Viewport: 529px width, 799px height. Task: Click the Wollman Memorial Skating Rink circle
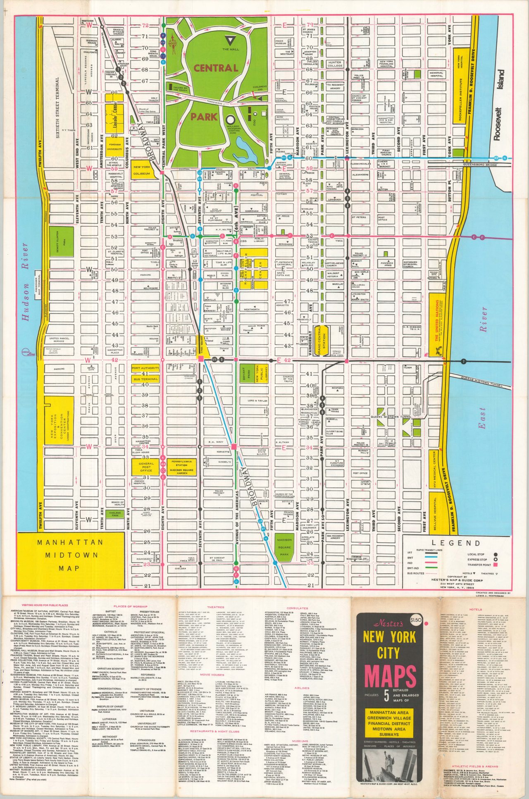(x=230, y=119)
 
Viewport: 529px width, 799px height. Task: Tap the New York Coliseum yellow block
(x=142, y=170)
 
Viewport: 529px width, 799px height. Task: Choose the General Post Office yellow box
(x=145, y=467)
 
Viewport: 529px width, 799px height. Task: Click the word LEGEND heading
(x=456, y=543)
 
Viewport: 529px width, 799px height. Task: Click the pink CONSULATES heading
(x=297, y=608)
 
